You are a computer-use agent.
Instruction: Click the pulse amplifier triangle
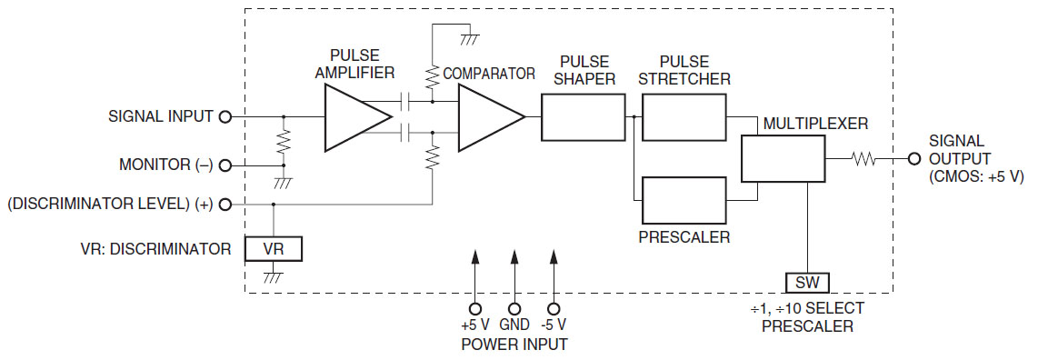click(x=354, y=117)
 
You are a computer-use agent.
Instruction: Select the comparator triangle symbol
click(x=487, y=117)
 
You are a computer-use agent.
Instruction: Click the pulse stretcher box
click(x=684, y=117)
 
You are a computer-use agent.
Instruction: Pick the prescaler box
click(x=684, y=199)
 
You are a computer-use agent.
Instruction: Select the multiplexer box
click(x=783, y=159)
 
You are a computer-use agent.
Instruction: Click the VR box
click(x=273, y=248)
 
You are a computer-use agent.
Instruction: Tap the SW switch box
click(x=807, y=282)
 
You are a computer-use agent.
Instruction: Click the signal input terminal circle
click(x=225, y=116)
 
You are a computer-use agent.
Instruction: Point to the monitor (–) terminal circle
click(x=225, y=165)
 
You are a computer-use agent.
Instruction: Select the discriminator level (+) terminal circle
click(x=225, y=205)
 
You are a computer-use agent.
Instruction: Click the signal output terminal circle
click(x=913, y=159)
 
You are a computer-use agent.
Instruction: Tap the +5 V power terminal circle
click(x=474, y=308)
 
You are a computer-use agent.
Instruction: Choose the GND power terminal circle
click(x=514, y=308)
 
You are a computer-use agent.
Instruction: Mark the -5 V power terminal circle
click(x=554, y=308)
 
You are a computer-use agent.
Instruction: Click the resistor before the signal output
click(x=863, y=159)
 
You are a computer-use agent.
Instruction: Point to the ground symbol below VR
click(x=273, y=275)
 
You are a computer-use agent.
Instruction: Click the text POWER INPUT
click(x=514, y=345)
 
